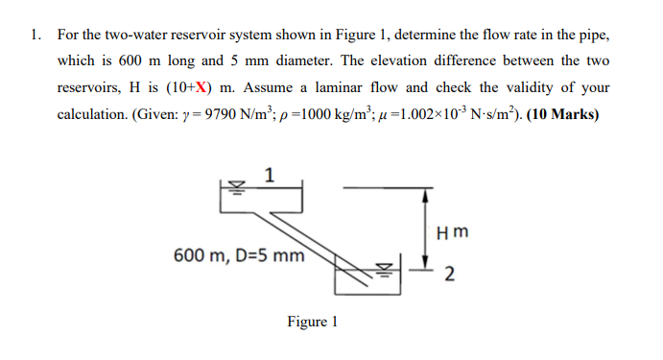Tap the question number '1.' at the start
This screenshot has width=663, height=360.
pos(35,35)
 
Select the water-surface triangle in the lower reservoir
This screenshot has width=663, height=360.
pos(387,266)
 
